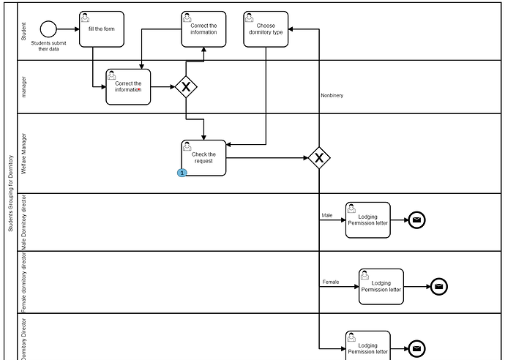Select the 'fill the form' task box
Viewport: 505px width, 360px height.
(x=102, y=29)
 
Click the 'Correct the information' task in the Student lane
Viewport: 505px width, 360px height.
(x=203, y=29)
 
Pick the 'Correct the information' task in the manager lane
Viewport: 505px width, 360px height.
(x=128, y=87)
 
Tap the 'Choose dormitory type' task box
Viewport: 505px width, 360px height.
(x=265, y=29)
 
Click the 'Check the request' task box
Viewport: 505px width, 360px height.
(x=203, y=157)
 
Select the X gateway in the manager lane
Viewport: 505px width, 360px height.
(x=186, y=88)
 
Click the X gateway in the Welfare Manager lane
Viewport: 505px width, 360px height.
(x=318, y=157)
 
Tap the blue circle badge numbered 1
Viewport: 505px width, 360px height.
(x=182, y=173)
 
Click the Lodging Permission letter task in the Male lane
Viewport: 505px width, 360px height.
(x=368, y=220)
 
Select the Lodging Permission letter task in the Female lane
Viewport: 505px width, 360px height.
(x=381, y=286)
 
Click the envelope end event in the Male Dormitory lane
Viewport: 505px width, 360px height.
(x=416, y=220)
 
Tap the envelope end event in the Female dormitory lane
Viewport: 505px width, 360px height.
(x=438, y=286)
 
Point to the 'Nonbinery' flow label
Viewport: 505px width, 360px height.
(x=332, y=95)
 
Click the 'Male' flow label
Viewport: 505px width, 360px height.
(x=327, y=215)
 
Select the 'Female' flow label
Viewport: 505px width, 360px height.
(x=330, y=282)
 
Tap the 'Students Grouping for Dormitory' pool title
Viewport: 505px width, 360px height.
(x=10, y=192)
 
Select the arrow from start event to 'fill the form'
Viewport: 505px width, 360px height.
(x=68, y=29)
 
